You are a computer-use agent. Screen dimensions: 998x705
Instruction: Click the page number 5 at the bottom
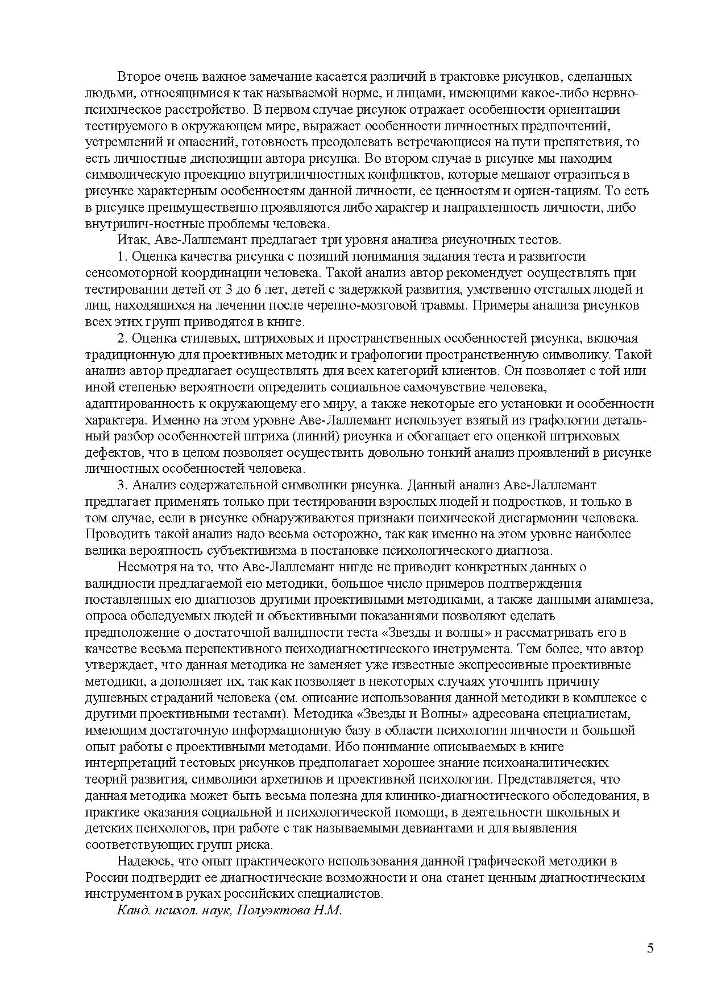[650, 948]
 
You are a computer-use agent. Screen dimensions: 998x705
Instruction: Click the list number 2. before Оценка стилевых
[122, 339]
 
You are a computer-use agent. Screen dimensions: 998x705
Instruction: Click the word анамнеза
[624, 600]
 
